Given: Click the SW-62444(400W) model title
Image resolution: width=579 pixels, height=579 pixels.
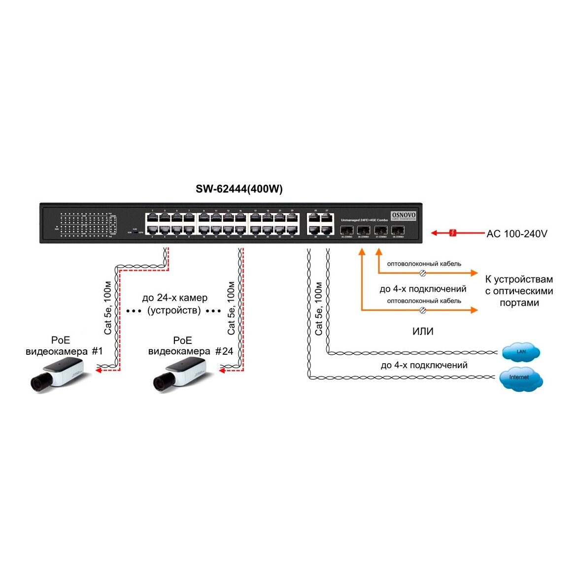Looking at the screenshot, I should click(x=239, y=189).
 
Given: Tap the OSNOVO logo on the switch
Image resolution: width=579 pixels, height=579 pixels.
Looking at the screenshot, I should click(x=403, y=215).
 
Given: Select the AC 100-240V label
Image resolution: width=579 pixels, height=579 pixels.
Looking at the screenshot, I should click(x=516, y=234).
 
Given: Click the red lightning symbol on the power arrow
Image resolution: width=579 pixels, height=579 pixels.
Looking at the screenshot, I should click(x=453, y=233).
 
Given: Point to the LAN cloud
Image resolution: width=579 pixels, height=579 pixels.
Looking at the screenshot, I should click(x=521, y=352).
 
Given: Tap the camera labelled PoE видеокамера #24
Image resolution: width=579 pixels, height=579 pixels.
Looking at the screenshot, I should click(x=180, y=375).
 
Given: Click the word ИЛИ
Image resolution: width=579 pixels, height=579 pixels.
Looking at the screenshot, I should click(x=423, y=332).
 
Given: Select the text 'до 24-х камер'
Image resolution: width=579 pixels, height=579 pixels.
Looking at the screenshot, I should click(x=174, y=298).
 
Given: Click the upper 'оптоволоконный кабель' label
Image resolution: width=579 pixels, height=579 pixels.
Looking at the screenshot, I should click(x=424, y=264).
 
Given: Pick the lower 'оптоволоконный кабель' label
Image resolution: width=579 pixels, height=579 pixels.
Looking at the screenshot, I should click(x=424, y=301).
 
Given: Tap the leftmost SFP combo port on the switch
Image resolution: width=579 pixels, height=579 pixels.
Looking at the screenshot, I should click(x=346, y=230).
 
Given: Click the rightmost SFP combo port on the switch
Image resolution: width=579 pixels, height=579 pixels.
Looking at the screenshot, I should click(x=398, y=230).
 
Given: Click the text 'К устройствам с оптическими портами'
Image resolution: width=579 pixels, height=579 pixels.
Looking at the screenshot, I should click(x=519, y=291).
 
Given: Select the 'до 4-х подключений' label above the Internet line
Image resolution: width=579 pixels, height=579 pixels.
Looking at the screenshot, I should click(x=424, y=365).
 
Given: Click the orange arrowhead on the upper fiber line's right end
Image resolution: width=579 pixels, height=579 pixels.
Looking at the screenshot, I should click(x=474, y=272).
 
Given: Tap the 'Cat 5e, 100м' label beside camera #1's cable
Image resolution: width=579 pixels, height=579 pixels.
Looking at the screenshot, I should click(x=107, y=307).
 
